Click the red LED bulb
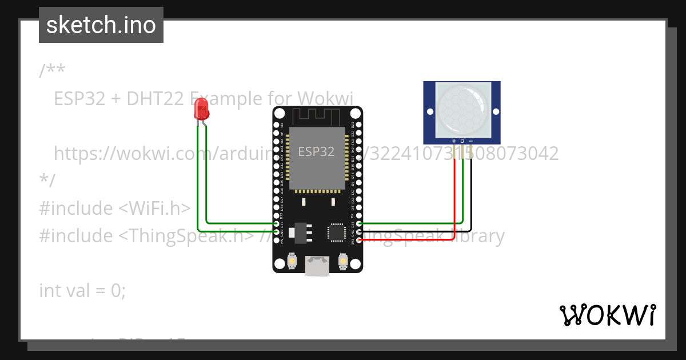click(201, 108)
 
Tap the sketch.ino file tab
click(101, 25)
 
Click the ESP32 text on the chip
click(316, 151)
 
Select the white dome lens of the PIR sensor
click(462, 109)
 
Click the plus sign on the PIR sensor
click(454, 141)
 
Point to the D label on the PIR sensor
click(462, 141)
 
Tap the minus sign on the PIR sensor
click(470, 141)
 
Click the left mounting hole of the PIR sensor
click(429, 110)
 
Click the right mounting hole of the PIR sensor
click(495, 110)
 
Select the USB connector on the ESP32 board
click(317, 267)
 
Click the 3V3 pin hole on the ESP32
click(359, 240)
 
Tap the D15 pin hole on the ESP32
click(359, 224)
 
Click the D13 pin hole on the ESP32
click(277, 224)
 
